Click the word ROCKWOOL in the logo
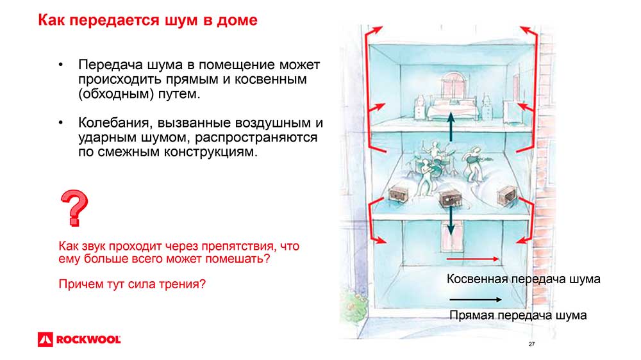(x=88, y=340)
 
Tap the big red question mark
(x=74, y=208)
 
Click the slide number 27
(x=531, y=344)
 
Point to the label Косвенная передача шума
(x=523, y=279)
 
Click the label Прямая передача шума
(x=518, y=315)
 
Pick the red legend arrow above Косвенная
(x=472, y=259)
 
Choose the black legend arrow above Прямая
(x=475, y=300)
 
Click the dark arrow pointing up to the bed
(x=451, y=127)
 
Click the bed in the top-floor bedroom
(x=452, y=108)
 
